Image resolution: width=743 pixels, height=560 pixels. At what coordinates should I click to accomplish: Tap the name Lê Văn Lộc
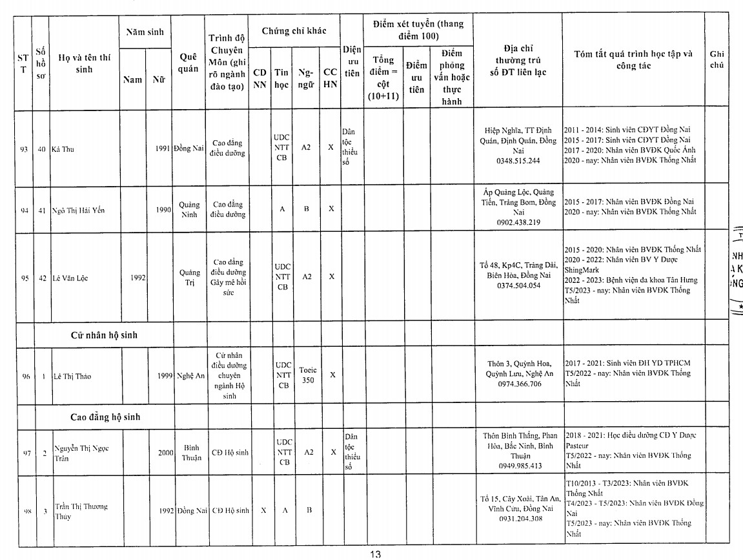click(x=70, y=278)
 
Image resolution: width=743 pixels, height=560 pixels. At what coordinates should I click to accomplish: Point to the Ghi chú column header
click(x=717, y=59)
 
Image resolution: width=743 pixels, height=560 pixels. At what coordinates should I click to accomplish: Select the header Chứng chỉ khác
click(x=294, y=31)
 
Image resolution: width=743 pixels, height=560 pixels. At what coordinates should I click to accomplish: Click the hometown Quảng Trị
click(x=189, y=278)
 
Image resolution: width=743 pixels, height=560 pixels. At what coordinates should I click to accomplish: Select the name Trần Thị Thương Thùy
click(x=81, y=511)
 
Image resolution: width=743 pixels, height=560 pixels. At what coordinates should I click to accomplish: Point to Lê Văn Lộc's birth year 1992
click(x=138, y=278)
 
